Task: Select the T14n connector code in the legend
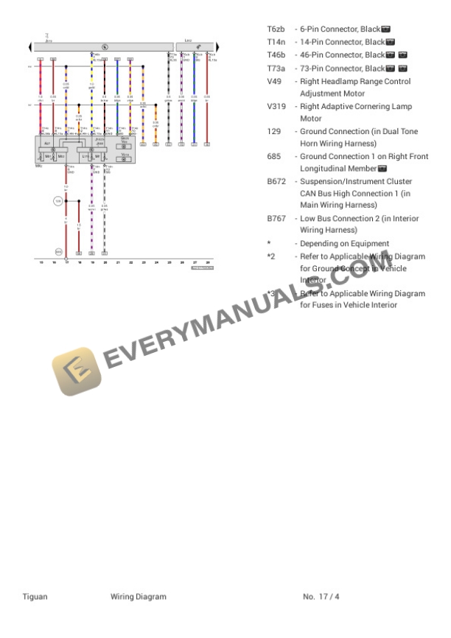276,42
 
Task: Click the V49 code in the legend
274,81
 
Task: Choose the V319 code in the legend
276,106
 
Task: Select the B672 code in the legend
276,181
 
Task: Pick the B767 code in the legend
276,219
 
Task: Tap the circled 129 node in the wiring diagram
58,200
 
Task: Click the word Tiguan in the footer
35,596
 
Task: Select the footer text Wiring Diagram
139,596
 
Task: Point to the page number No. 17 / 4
321,596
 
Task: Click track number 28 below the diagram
208,262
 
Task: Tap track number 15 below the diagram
41,262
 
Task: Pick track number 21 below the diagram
118,262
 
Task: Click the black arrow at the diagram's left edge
30,47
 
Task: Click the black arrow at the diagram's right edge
217,47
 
